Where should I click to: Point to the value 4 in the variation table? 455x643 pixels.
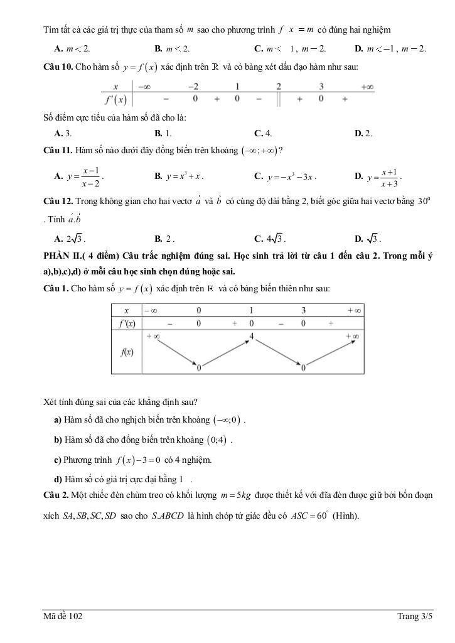pyautogui.click(x=251, y=337)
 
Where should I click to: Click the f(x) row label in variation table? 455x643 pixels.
pyautogui.click(x=126, y=352)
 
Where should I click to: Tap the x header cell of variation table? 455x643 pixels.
pyautogui.click(x=126, y=310)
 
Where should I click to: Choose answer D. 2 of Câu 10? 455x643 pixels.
pyautogui.click(x=363, y=133)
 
